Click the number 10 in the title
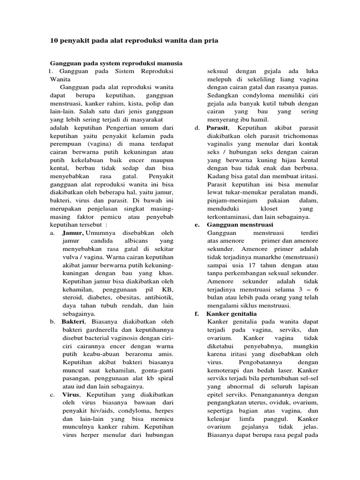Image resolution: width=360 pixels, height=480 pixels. [54, 41]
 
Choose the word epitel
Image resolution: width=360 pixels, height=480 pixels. [216, 395]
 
